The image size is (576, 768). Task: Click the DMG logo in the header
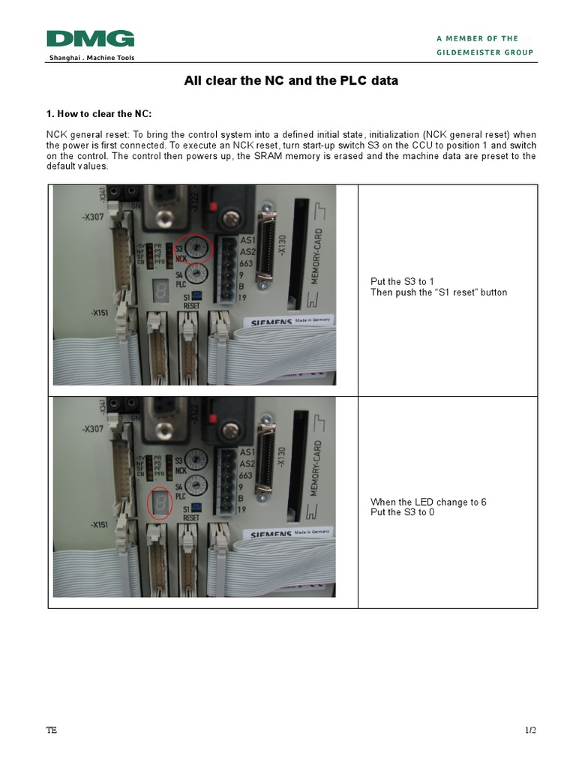tap(90, 39)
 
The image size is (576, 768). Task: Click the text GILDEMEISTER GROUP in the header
tap(485, 52)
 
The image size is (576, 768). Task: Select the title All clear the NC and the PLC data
tap(291, 81)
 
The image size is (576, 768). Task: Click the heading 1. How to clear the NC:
tap(99, 114)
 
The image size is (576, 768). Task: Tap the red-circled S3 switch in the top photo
tap(196, 248)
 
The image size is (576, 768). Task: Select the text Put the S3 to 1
tap(402, 282)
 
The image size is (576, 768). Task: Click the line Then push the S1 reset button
tap(439, 292)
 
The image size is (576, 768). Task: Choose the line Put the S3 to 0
tap(402, 512)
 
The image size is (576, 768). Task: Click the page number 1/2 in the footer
tap(530, 731)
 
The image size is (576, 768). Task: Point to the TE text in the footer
tap(51, 731)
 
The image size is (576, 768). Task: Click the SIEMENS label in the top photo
tap(272, 323)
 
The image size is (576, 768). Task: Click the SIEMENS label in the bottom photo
tap(272, 535)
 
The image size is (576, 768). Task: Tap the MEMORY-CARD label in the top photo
tap(317, 256)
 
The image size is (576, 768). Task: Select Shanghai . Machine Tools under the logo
tap(91, 58)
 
